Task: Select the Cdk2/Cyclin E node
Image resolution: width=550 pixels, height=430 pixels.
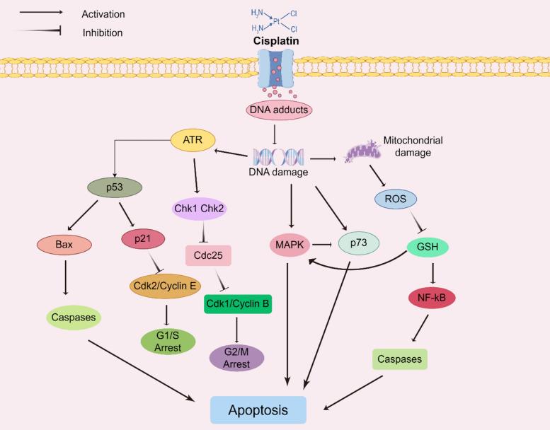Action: tap(165, 286)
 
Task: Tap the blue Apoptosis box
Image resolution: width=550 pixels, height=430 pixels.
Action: tap(258, 409)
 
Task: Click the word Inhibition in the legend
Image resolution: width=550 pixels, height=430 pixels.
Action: tap(103, 33)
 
